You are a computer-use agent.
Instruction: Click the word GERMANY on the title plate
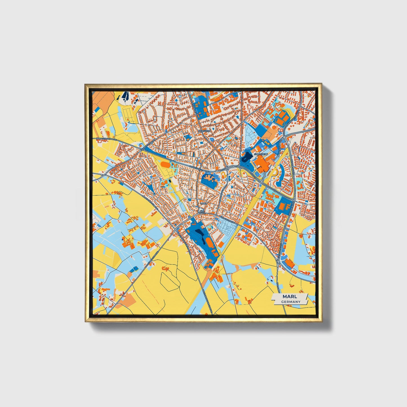(x=291, y=302)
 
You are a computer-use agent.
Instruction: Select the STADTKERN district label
(x=261, y=154)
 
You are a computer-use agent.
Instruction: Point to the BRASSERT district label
(x=204, y=131)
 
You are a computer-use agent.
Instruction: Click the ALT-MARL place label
(x=202, y=212)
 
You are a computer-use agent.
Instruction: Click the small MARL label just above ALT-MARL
(x=203, y=203)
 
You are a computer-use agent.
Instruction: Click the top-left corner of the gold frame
(x=85, y=84)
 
